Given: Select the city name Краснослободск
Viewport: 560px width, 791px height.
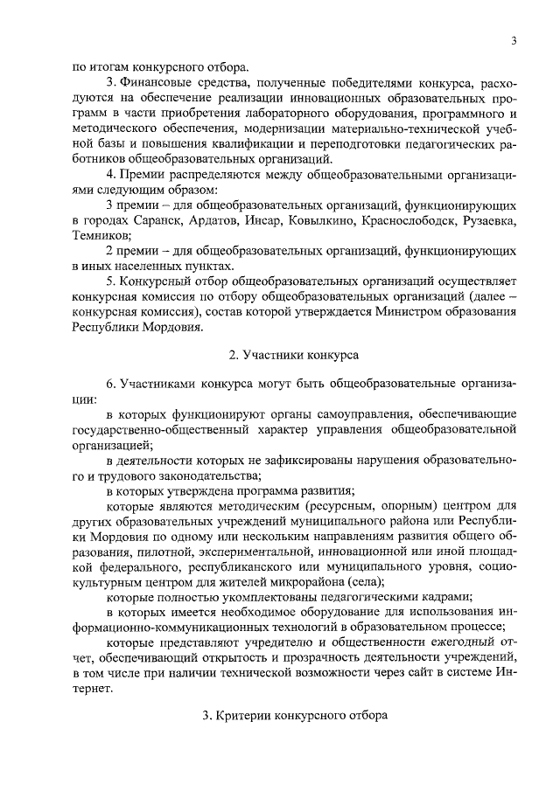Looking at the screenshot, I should (x=426, y=220).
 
